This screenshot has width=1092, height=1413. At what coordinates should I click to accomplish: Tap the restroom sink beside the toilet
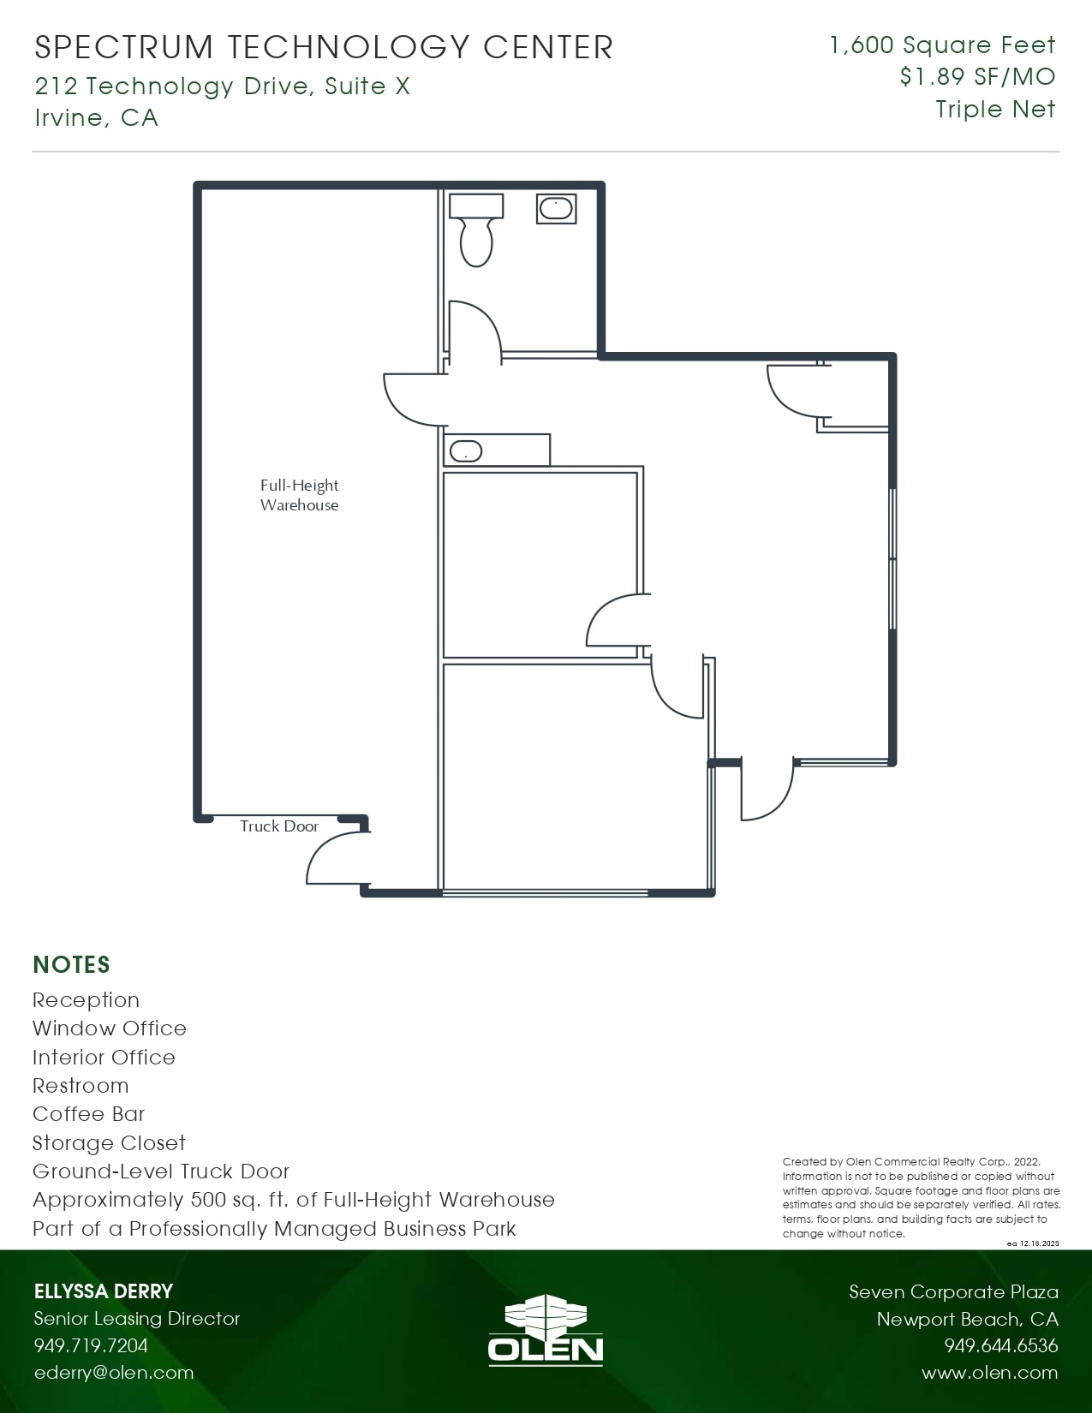click(556, 208)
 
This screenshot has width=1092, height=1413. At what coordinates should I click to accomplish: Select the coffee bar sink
click(466, 451)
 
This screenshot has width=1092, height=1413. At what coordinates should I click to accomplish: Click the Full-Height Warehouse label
click(299, 495)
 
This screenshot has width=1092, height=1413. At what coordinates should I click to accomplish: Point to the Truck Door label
click(278, 826)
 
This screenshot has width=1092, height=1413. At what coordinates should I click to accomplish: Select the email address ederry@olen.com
click(114, 1373)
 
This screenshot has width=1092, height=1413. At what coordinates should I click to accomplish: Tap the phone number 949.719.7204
click(91, 1345)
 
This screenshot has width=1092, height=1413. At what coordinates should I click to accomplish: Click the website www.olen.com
click(989, 1373)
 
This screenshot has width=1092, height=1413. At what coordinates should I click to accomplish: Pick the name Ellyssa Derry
click(104, 1291)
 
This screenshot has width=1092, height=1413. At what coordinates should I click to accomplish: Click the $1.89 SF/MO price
click(977, 77)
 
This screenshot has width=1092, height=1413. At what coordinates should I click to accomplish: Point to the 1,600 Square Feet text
click(942, 45)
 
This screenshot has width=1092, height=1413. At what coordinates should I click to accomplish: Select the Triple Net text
click(995, 110)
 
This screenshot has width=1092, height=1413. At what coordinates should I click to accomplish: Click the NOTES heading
click(71, 965)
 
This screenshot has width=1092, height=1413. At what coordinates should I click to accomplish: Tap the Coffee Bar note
click(88, 1114)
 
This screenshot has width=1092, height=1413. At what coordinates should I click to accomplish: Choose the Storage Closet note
click(109, 1143)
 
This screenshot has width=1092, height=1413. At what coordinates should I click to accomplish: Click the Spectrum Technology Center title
click(324, 48)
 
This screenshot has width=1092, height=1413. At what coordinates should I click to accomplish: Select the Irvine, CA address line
click(96, 117)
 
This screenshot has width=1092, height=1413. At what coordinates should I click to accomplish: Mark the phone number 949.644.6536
click(1000, 1345)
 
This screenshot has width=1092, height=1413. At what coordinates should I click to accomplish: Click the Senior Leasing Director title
click(137, 1319)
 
